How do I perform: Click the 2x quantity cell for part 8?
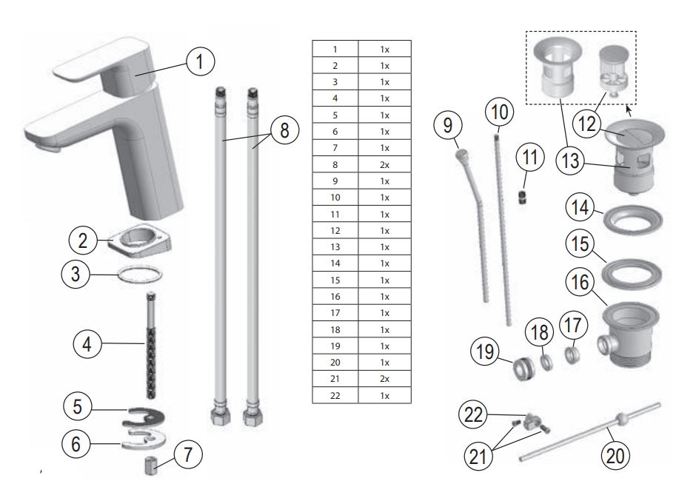pyautogui.click(x=384, y=165)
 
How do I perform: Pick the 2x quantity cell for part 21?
pyautogui.click(x=384, y=379)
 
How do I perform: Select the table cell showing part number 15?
pyautogui.click(x=335, y=280)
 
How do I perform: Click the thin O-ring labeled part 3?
pyautogui.click(x=140, y=275)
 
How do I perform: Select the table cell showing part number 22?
pyautogui.click(x=335, y=396)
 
